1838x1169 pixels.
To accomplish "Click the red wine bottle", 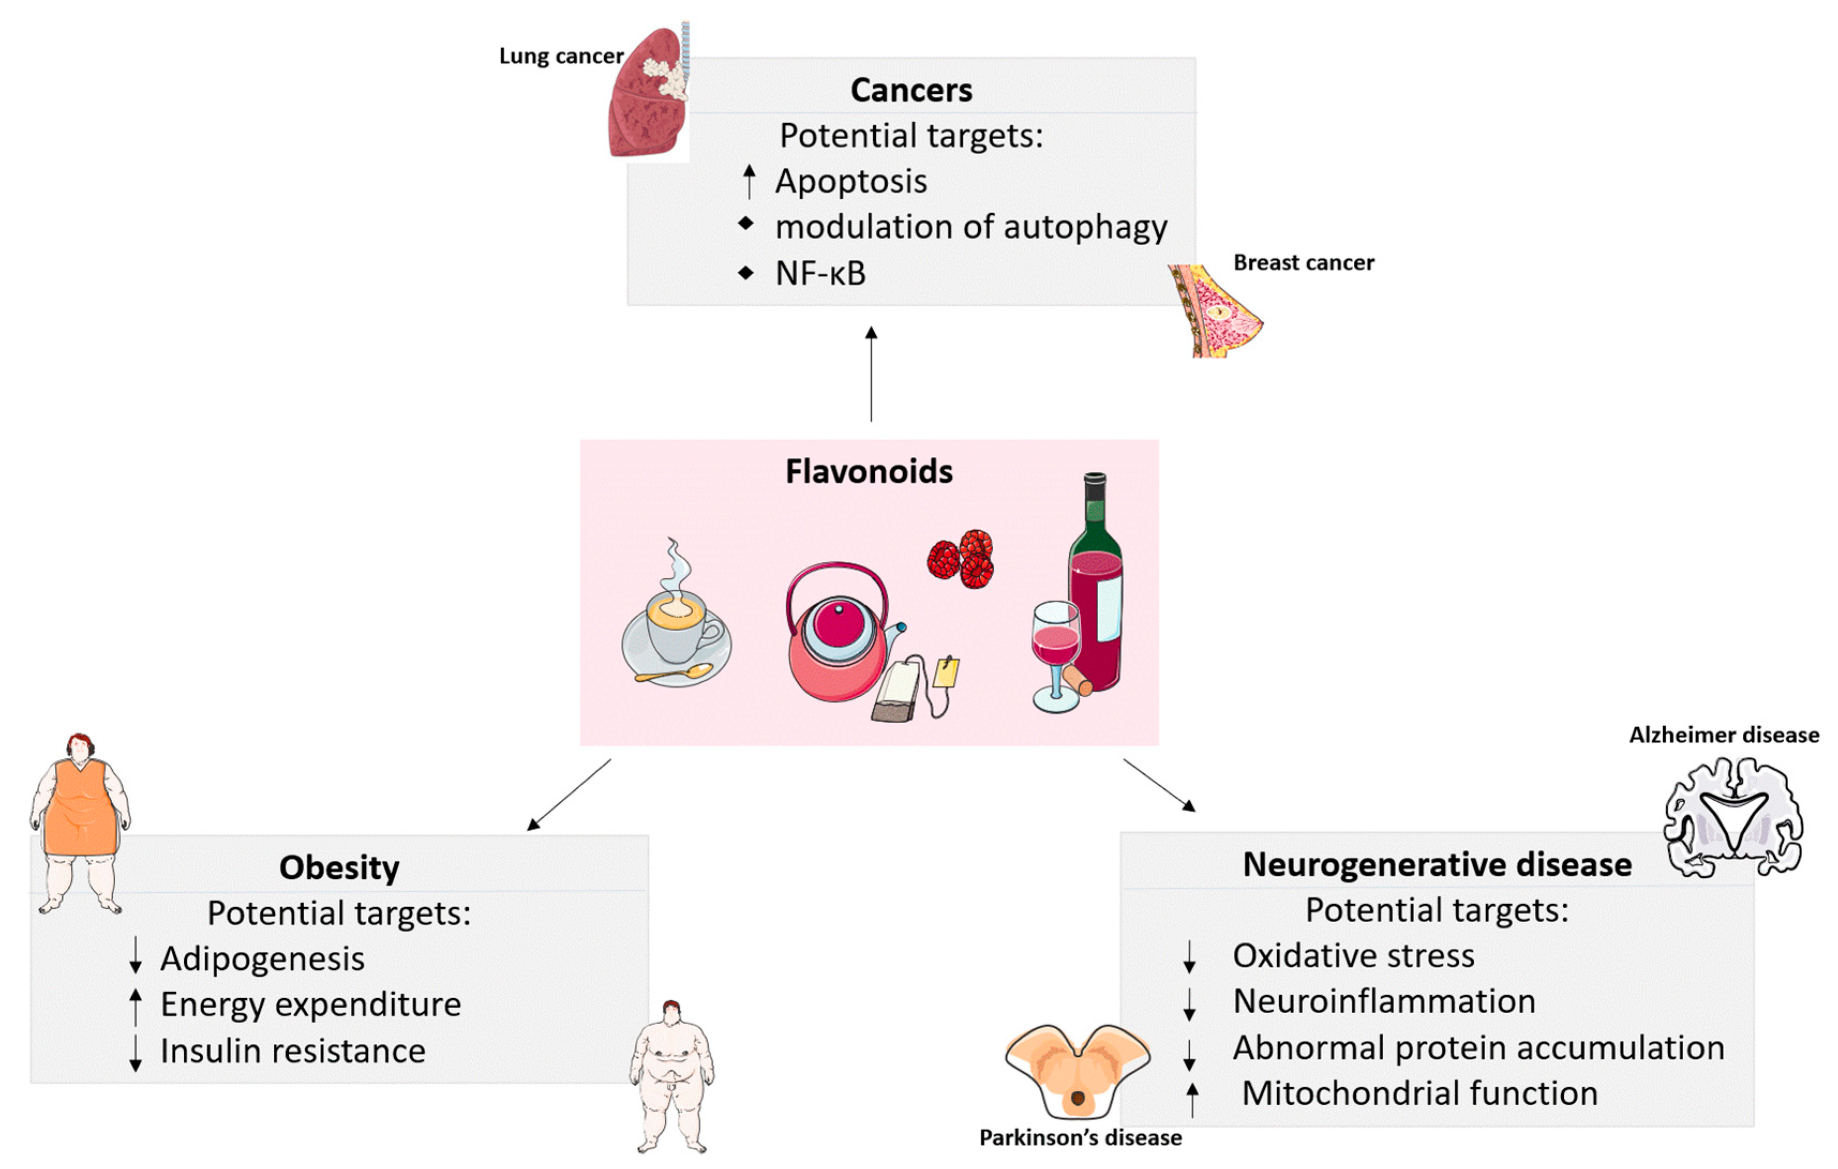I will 1096,587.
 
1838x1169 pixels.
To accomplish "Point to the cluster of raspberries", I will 961,559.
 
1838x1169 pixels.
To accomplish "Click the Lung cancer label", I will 561,56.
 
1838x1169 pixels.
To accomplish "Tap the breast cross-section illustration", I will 1215,311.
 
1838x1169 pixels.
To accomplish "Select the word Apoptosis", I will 851,182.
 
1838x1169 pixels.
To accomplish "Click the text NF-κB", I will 821,273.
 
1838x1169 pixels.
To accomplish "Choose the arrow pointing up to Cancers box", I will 871,374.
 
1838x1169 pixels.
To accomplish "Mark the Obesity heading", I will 339,868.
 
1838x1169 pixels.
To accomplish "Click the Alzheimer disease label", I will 1723,735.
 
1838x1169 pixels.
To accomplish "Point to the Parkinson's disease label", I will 1080,1138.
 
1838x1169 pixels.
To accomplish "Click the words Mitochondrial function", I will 1419,1093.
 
